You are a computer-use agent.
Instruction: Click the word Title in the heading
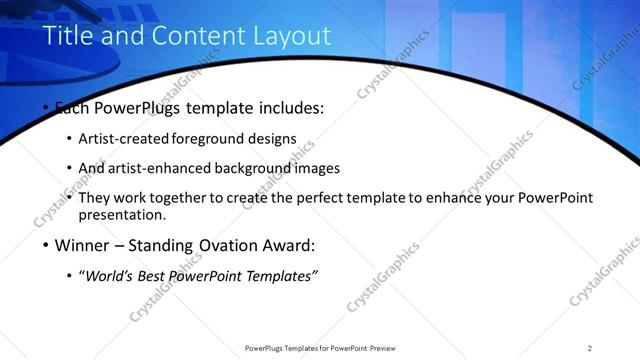pos(68,37)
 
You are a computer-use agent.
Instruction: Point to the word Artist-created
pos(123,139)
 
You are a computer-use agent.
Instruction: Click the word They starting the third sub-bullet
pos(95,198)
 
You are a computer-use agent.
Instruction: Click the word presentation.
pos(121,215)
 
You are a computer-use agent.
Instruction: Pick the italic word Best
pos(154,275)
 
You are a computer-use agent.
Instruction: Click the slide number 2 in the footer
pos(590,348)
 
